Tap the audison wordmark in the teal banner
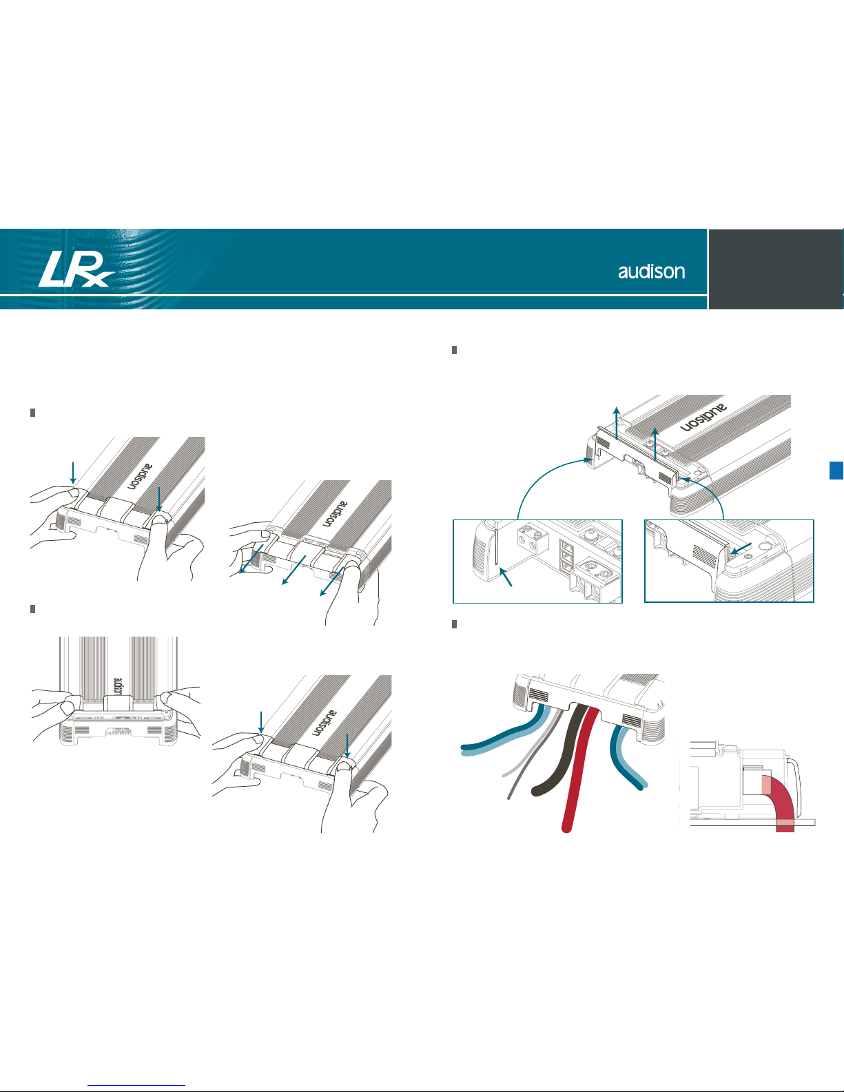click(x=651, y=271)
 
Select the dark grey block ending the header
click(x=776, y=269)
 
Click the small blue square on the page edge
click(x=836, y=471)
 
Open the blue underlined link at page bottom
click(x=136, y=1086)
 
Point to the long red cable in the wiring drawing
click(x=580, y=769)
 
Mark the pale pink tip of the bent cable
click(x=765, y=785)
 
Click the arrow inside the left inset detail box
click(x=506, y=576)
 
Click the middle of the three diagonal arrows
click(x=294, y=570)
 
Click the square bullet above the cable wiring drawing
click(x=454, y=624)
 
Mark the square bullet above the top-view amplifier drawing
click(x=32, y=609)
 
